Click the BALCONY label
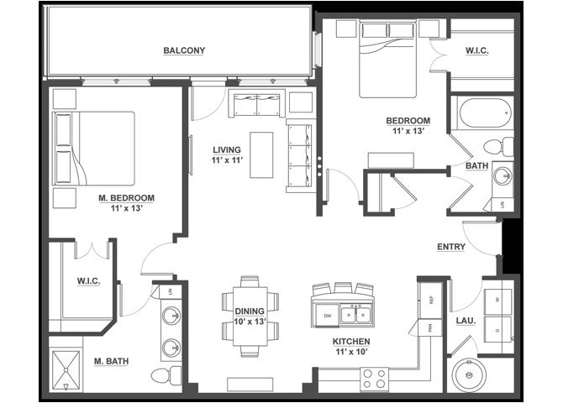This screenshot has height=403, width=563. [x=184, y=50]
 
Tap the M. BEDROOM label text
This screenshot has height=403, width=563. [x=126, y=198]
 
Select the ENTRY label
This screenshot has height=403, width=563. [x=451, y=247]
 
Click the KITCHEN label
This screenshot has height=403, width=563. [x=351, y=342]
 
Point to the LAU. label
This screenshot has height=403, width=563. [x=466, y=321]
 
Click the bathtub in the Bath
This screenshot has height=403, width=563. [x=485, y=113]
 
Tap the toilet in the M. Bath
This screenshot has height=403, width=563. [x=166, y=375]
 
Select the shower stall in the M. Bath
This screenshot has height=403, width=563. [x=66, y=370]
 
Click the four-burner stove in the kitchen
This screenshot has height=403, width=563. [x=374, y=379]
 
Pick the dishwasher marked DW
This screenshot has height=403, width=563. [x=326, y=316]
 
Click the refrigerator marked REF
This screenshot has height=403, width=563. [x=431, y=300]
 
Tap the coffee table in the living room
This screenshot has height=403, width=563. [x=261, y=155]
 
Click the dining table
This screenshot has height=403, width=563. [x=250, y=317]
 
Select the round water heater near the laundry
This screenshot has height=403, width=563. [x=469, y=375]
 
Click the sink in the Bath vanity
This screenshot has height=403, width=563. [x=502, y=176]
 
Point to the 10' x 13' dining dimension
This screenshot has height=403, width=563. [x=250, y=322]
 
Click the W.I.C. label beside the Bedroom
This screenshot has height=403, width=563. [x=477, y=50]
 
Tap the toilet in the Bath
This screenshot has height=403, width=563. [x=498, y=146]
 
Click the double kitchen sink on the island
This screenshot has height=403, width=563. [x=355, y=315]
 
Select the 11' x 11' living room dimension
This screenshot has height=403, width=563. [x=227, y=160]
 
